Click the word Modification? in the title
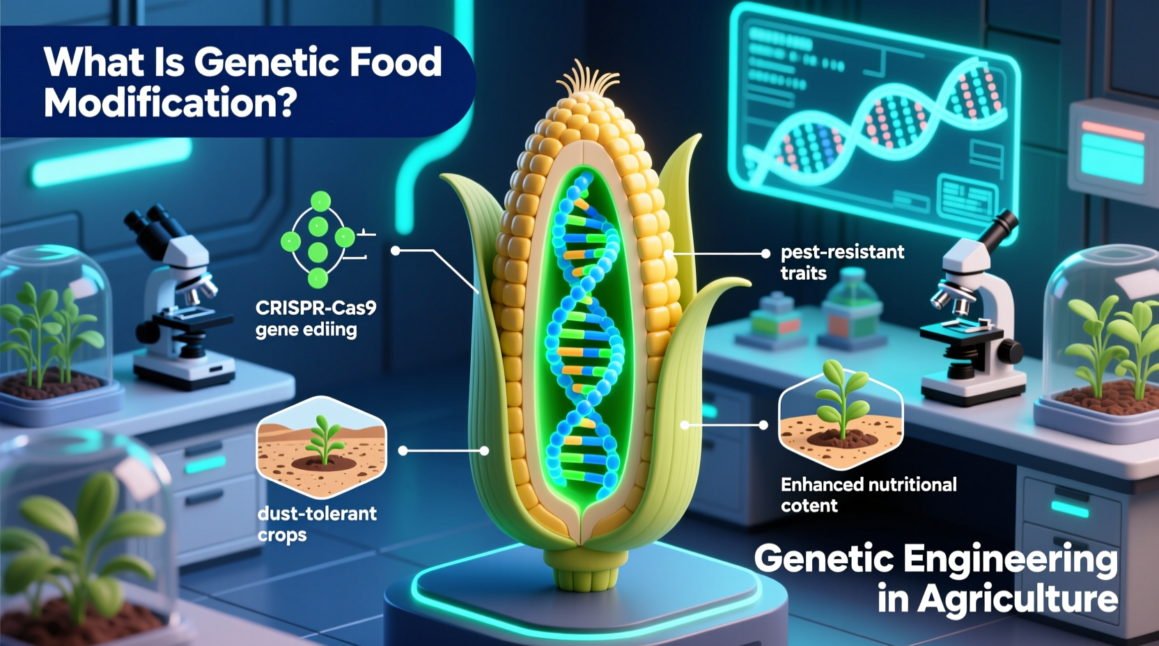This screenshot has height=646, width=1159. [x=170, y=103]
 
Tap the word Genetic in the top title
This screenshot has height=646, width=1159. [x=267, y=62]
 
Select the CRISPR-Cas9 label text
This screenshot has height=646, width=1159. [x=316, y=308]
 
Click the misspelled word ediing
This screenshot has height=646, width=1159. [x=331, y=329]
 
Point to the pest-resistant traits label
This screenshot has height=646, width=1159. [x=841, y=262]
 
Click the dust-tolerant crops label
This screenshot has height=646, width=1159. [x=316, y=523]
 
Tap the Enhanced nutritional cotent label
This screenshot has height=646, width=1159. [x=868, y=494]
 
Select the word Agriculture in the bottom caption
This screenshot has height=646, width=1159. [x=1017, y=599]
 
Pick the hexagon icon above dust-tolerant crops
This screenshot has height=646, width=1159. [x=321, y=446]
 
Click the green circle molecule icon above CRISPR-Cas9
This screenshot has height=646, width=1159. [x=318, y=240]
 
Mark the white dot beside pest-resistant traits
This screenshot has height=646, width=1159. [x=765, y=253]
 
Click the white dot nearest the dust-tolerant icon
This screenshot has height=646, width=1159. [x=403, y=451]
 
